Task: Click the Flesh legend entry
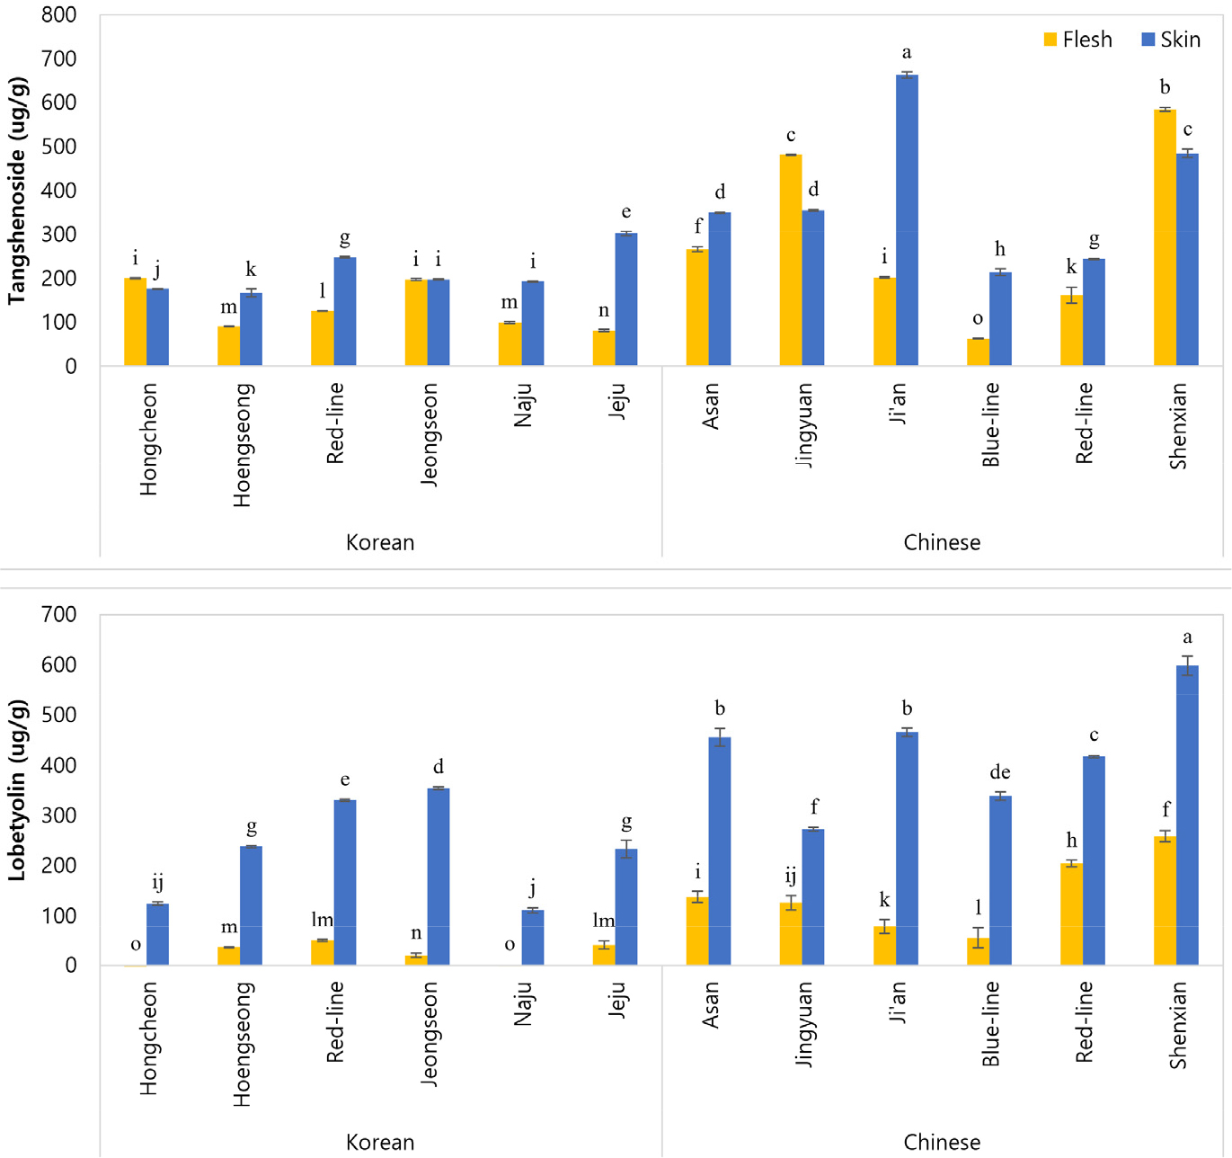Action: [x=1077, y=40]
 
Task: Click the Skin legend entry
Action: [x=1171, y=40]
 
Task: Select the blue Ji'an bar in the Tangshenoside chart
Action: [x=907, y=220]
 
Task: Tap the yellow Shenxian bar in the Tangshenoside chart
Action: [x=1165, y=237]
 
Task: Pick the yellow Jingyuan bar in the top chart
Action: [x=791, y=260]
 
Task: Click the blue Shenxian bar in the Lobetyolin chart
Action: [x=1187, y=815]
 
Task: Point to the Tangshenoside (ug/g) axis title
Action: [x=17, y=191]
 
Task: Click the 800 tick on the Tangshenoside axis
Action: [x=59, y=15]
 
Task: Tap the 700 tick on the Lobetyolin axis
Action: [x=59, y=615]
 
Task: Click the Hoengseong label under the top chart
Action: [x=243, y=445]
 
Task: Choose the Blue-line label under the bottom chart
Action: [x=990, y=1024]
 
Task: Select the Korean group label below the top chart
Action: [x=380, y=543]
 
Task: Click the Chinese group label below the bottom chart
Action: [x=942, y=1143]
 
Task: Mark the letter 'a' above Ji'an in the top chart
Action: [x=907, y=53]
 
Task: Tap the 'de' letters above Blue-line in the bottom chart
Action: [x=999, y=773]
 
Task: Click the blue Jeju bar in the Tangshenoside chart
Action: [x=626, y=299]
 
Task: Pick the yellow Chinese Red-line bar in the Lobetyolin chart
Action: [x=1071, y=914]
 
